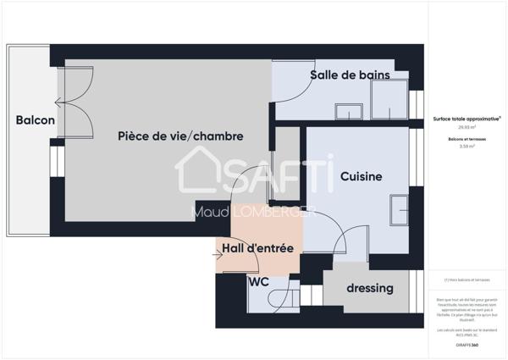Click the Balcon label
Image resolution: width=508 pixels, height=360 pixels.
coord(36,120)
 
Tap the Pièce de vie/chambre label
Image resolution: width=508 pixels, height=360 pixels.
coord(180,136)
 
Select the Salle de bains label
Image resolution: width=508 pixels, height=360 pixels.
coord(350,75)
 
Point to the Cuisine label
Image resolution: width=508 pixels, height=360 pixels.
coord(362,176)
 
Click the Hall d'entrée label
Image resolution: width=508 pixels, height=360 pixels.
coord(258,248)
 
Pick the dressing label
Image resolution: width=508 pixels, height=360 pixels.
coord(370,288)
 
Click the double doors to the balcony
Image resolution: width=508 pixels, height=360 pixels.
coord(74,102)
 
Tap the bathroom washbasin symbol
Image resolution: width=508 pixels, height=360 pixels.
coord(348,111)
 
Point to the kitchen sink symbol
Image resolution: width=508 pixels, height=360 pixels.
coord(398,208)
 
